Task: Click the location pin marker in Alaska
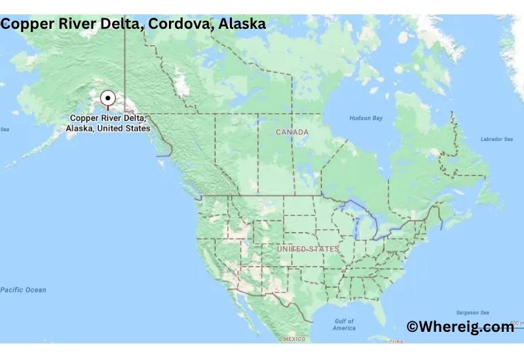107,99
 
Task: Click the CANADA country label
292,132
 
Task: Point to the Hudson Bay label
365,118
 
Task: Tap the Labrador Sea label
496,139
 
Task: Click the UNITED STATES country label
308,249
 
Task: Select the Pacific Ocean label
23,290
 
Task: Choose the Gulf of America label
344,325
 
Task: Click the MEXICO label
294,339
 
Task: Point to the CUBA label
396,342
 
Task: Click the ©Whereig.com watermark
460,327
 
